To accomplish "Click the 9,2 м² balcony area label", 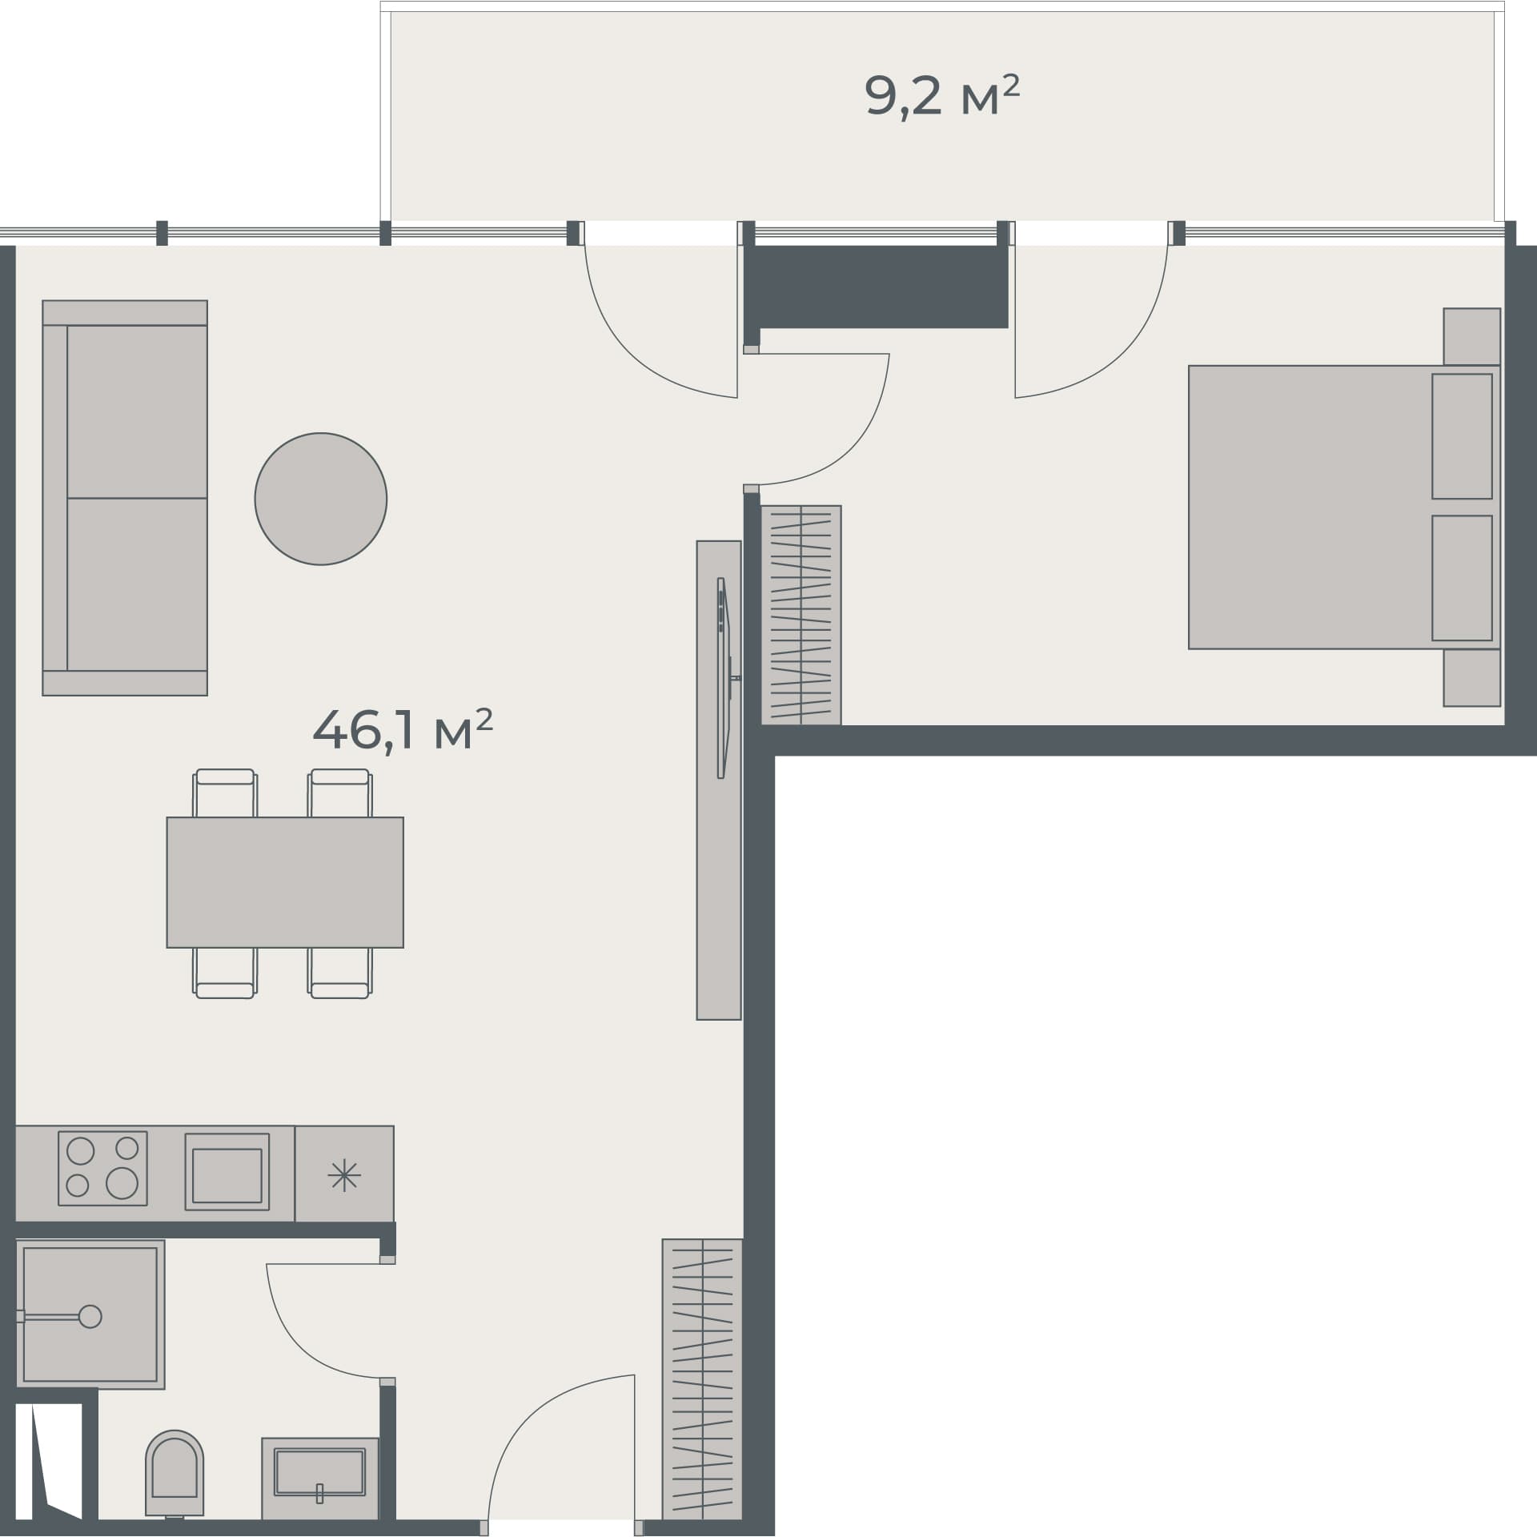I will tap(941, 96).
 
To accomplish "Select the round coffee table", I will tap(320, 499).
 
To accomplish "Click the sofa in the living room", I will tap(126, 497).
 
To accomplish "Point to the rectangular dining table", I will tap(285, 882).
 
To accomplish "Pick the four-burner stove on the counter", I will tap(102, 1168).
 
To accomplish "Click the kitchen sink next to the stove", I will tap(227, 1170).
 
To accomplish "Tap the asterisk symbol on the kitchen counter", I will tap(344, 1175).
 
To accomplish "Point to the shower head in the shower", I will tap(90, 1316).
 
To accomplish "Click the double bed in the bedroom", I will tap(1313, 507).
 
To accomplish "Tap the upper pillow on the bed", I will tap(1462, 436).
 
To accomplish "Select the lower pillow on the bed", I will tap(1462, 578).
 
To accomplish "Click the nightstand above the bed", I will tap(1471, 336).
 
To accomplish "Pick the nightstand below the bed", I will tap(1471, 677).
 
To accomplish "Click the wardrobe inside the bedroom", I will tap(801, 615).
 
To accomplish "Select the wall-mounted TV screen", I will tap(723, 677).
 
